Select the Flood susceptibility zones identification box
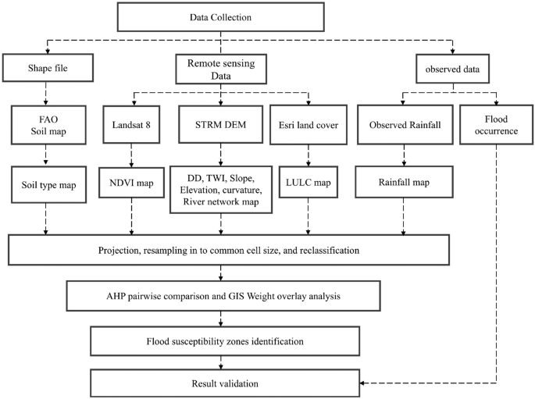(x=225, y=340)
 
